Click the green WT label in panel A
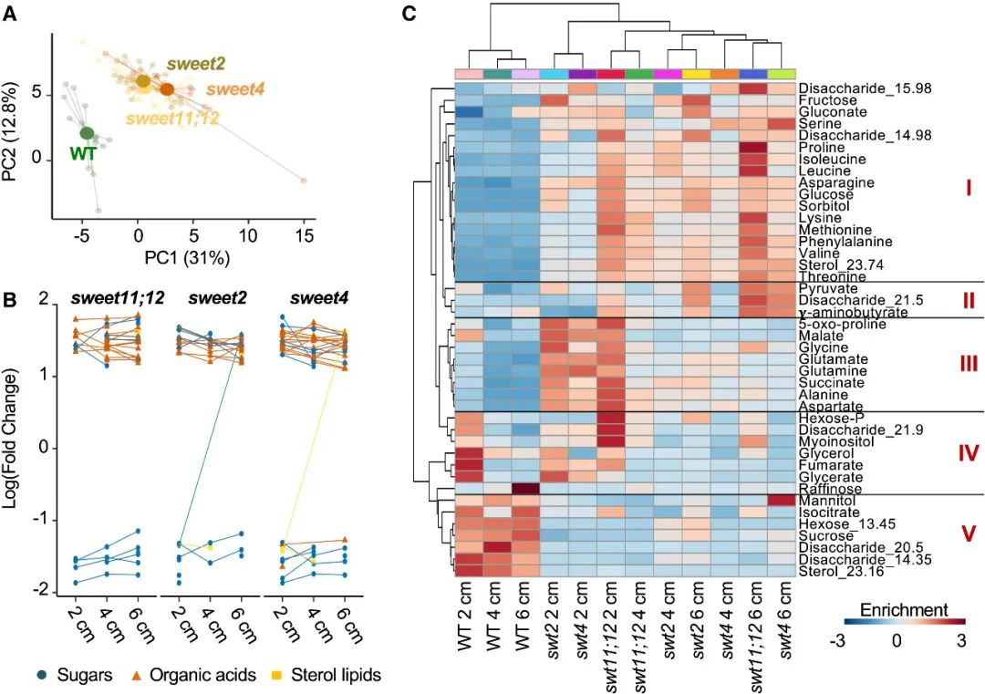[x=83, y=152]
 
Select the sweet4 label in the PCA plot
[x=236, y=88]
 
